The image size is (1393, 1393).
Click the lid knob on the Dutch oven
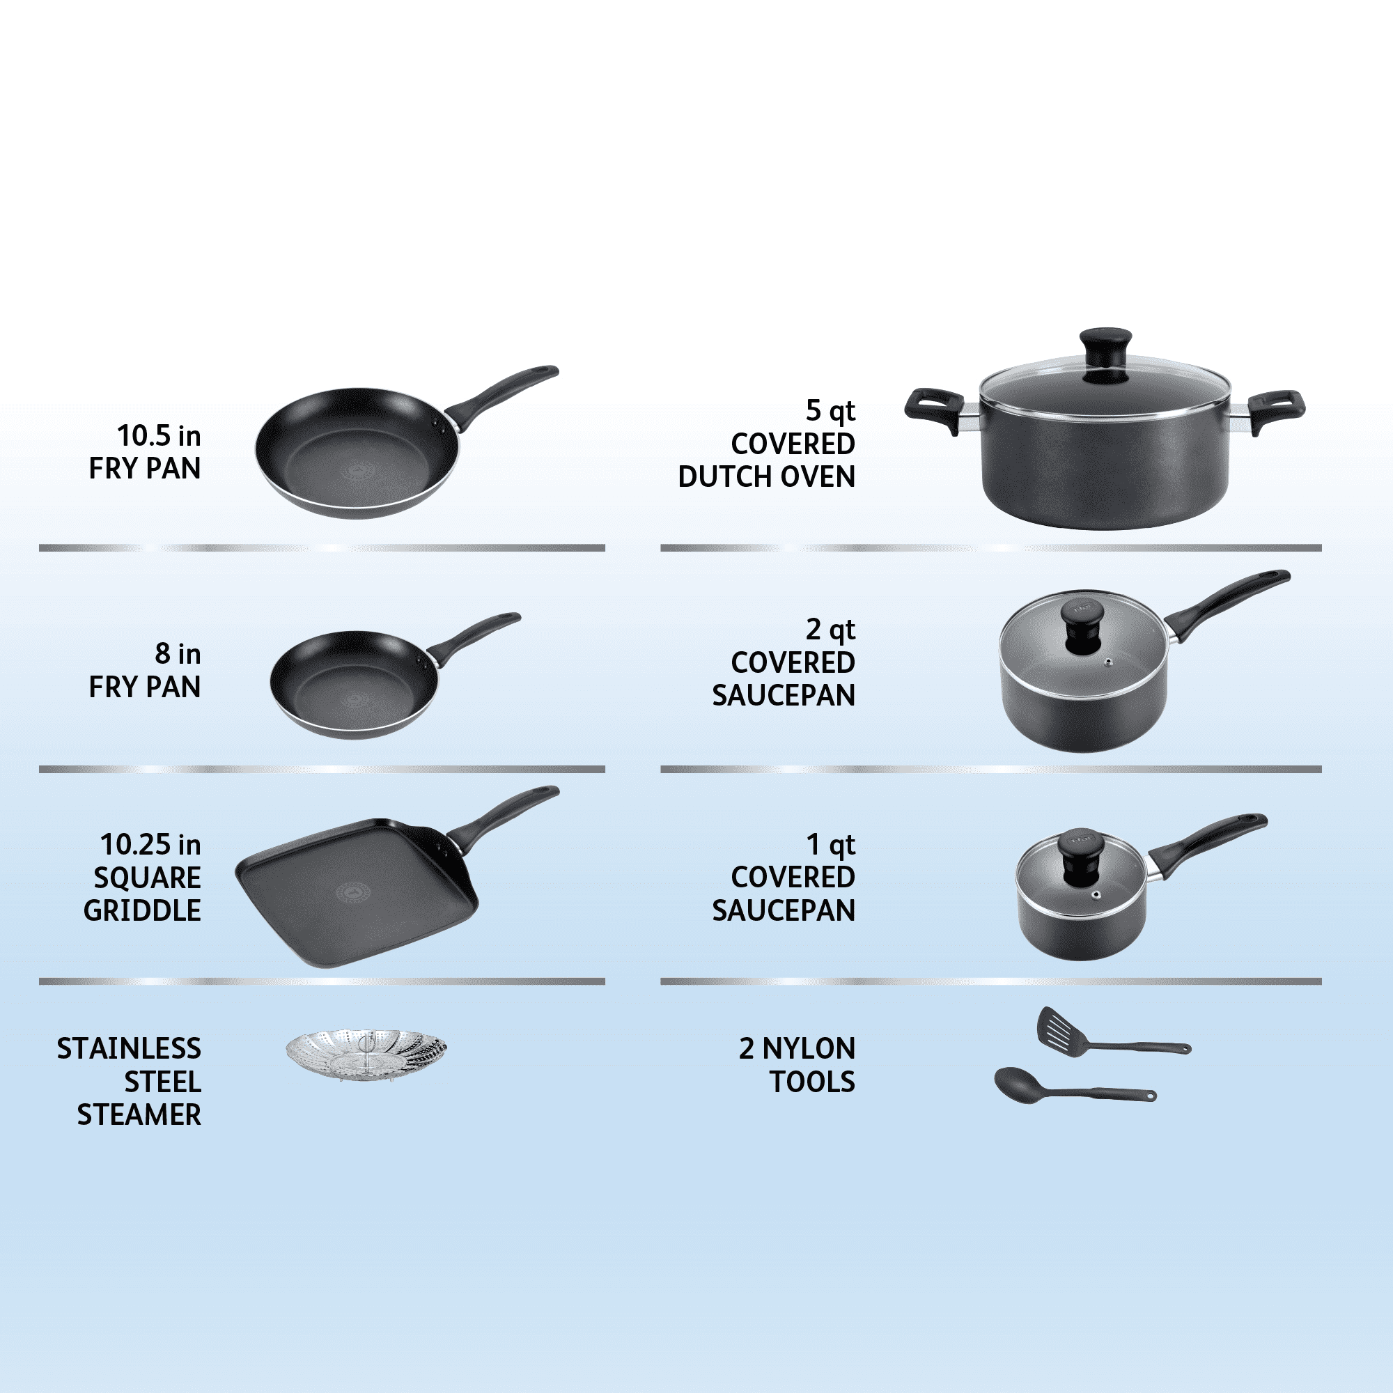click(x=1105, y=353)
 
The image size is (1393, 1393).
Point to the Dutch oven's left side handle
click(x=935, y=412)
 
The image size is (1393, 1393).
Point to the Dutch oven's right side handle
click(x=1276, y=412)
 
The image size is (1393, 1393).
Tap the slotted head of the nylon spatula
click(x=1063, y=1032)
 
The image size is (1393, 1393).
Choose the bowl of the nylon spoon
click(x=1018, y=1083)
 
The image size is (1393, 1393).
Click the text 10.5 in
click(x=159, y=435)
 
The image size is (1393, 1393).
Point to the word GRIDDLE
click(x=142, y=910)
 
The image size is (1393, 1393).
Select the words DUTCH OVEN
click(x=766, y=476)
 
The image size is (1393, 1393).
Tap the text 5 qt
click(x=831, y=411)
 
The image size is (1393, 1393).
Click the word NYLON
click(x=809, y=1049)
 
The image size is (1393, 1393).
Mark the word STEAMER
click(x=139, y=1115)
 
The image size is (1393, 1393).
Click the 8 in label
click(x=178, y=654)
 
